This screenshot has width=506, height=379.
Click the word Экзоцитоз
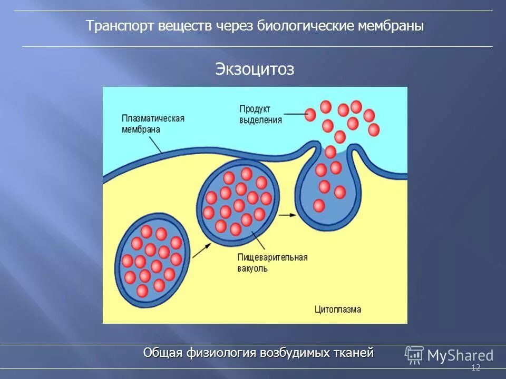click(x=254, y=69)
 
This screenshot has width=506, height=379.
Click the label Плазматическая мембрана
click(x=152, y=123)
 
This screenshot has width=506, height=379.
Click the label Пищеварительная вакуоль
click(x=272, y=263)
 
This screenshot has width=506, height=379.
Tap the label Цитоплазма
click(x=338, y=309)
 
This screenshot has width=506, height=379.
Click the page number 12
click(x=475, y=368)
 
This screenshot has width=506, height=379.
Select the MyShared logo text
click(x=460, y=356)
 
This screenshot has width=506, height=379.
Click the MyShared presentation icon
click(x=414, y=355)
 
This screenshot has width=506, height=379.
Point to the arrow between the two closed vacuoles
click(x=198, y=252)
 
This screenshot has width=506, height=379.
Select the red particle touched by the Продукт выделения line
click(x=310, y=114)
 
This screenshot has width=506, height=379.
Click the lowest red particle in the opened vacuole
click(x=319, y=205)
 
